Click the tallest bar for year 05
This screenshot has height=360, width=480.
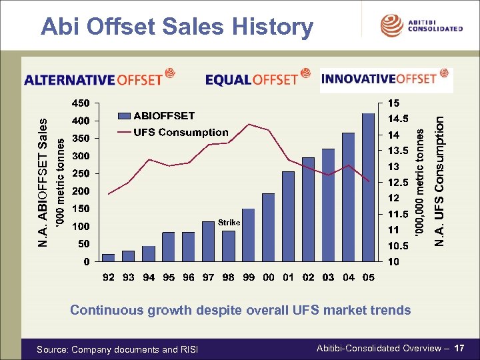point(368,187)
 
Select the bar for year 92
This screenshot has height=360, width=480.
point(108,257)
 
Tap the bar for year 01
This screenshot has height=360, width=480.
point(288,216)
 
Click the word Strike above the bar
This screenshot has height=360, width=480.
point(229,222)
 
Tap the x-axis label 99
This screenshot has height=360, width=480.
point(249,277)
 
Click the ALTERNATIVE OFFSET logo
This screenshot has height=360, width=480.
point(99,79)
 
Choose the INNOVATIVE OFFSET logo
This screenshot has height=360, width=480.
point(386,79)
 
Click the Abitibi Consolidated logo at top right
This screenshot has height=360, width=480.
point(421,25)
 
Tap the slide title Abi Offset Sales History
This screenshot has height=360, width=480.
point(177,27)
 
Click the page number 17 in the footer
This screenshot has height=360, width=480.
point(459,348)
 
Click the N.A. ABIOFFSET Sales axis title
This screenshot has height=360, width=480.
point(43,183)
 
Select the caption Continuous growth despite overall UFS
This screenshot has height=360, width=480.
point(240,310)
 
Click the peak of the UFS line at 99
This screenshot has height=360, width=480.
point(249,124)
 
